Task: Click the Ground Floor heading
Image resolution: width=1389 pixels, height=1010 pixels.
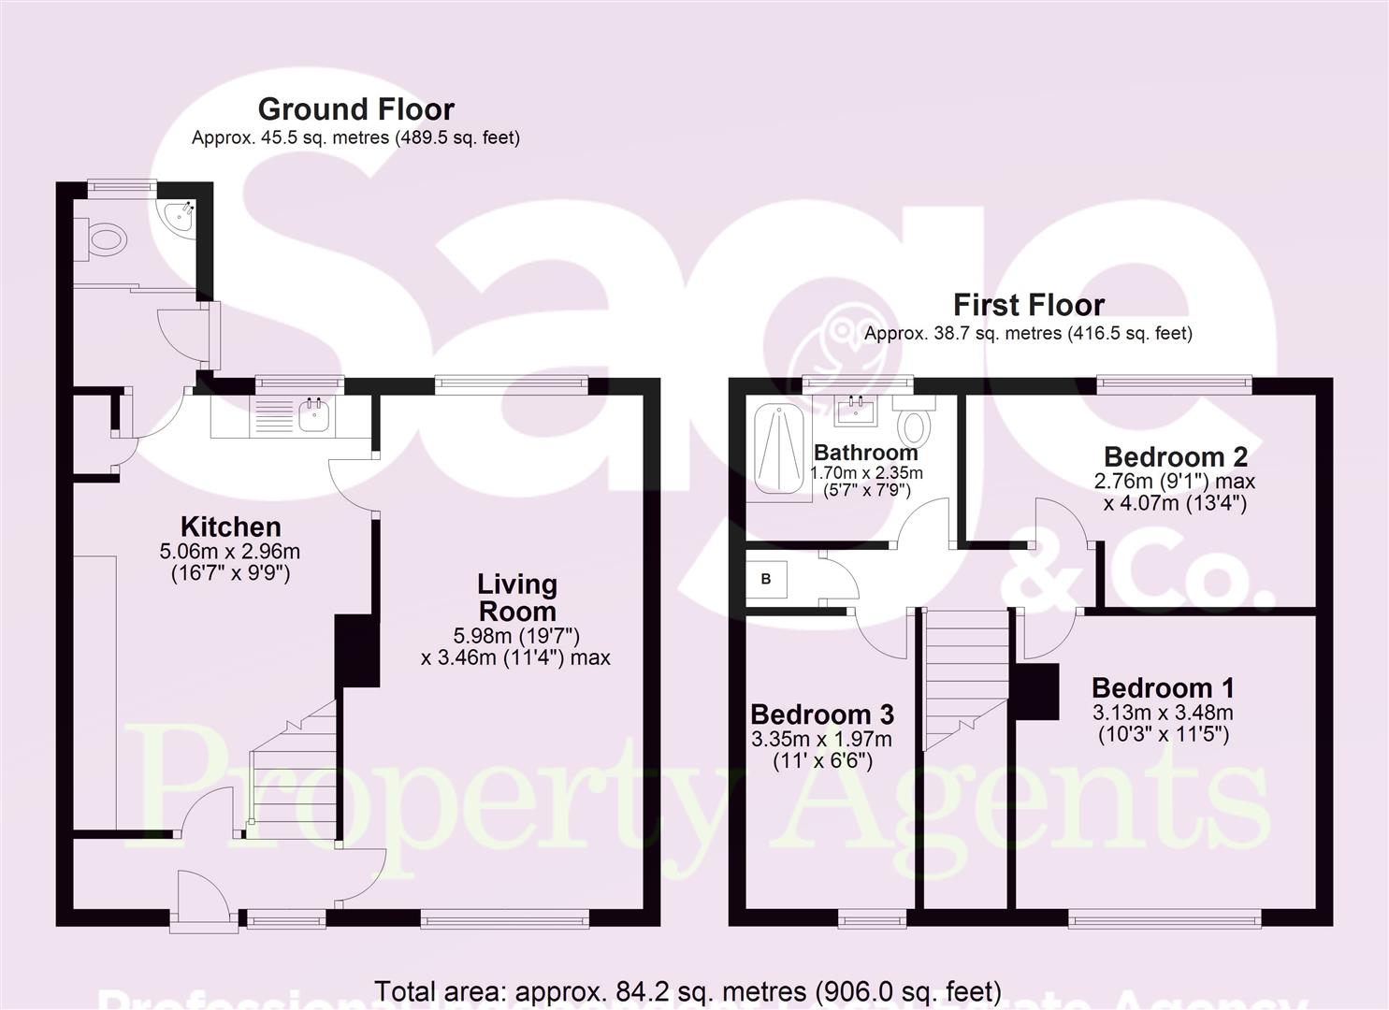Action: [355, 109]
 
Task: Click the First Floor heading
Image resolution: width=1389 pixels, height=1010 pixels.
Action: [1028, 305]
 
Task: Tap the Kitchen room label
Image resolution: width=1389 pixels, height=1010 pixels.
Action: [230, 527]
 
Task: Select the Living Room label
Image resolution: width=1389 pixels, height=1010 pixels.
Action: [517, 598]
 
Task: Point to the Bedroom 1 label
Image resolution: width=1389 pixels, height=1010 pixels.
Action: [1163, 688]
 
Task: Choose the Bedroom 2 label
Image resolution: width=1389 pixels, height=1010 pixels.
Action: [1175, 457]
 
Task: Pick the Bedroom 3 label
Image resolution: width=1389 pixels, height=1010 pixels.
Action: [821, 714]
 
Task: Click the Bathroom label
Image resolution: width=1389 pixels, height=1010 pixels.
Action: [865, 454]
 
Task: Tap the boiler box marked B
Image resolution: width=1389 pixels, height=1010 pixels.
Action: [766, 579]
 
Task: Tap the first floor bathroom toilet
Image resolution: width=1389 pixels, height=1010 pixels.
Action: [914, 426]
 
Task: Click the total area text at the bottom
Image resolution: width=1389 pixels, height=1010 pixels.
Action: [687, 990]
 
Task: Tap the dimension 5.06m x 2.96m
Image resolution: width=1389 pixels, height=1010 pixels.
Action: [230, 552]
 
